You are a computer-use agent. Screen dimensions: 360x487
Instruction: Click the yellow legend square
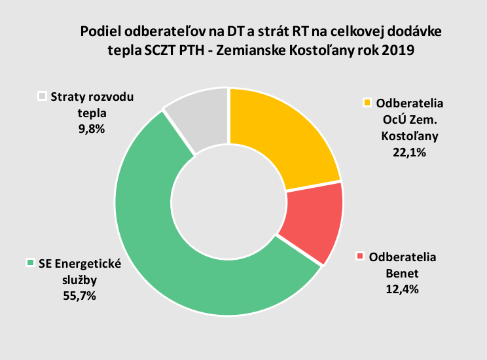(x=368, y=103)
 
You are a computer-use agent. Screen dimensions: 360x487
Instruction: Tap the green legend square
(x=29, y=263)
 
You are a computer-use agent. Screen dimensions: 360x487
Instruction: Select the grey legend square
(x=43, y=96)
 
